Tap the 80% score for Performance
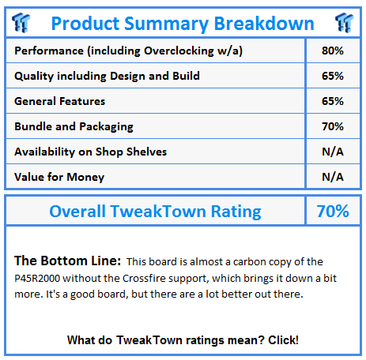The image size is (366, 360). (x=333, y=51)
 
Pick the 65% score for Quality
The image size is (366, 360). (x=333, y=76)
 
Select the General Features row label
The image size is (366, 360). (x=60, y=101)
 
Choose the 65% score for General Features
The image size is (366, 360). (x=333, y=101)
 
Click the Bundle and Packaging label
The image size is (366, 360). (x=74, y=126)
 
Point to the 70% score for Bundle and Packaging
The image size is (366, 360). (x=333, y=126)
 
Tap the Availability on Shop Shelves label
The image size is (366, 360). (x=91, y=152)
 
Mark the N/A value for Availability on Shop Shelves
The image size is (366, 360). (x=333, y=152)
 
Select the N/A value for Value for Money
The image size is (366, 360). (x=333, y=177)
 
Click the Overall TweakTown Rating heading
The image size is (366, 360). (x=155, y=211)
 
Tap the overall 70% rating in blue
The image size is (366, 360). (x=332, y=211)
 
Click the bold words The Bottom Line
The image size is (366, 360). (x=67, y=261)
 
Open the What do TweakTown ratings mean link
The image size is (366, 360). (x=183, y=340)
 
